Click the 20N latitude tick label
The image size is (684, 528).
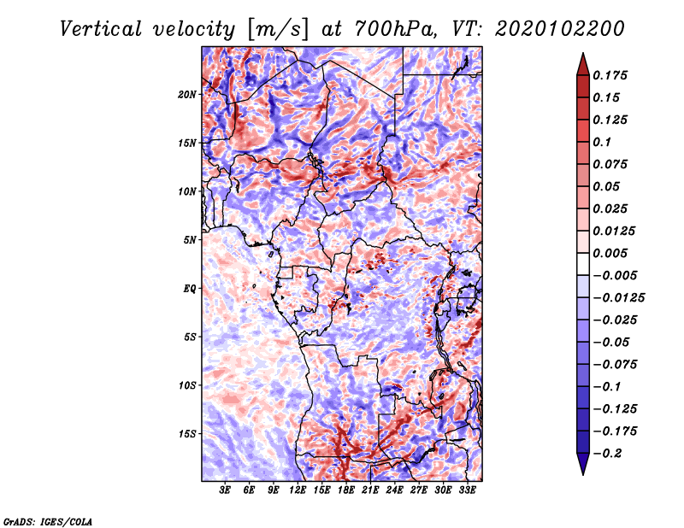[187, 95]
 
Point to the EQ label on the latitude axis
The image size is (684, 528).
[190, 289]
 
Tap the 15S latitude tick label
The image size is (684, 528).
[187, 434]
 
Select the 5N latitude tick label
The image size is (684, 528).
[190, 240]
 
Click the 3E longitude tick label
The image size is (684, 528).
[225, 490]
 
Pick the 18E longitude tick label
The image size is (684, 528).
[346, 490]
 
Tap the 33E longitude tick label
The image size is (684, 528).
[467, 490]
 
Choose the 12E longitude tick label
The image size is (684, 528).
[298, 490]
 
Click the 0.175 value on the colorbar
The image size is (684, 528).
[610, 75]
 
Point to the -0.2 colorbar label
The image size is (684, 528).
[607, 454]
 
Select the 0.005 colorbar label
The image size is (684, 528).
[610, 253]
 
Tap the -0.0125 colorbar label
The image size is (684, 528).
[618, 298]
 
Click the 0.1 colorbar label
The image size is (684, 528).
[602, 142]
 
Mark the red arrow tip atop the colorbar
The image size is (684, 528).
[583, 53]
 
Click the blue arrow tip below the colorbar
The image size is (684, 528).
[583, 474]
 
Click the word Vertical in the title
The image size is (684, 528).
[100, 29]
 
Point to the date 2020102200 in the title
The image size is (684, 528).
[560, 29]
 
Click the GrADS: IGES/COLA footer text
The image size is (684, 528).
[48, 521]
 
